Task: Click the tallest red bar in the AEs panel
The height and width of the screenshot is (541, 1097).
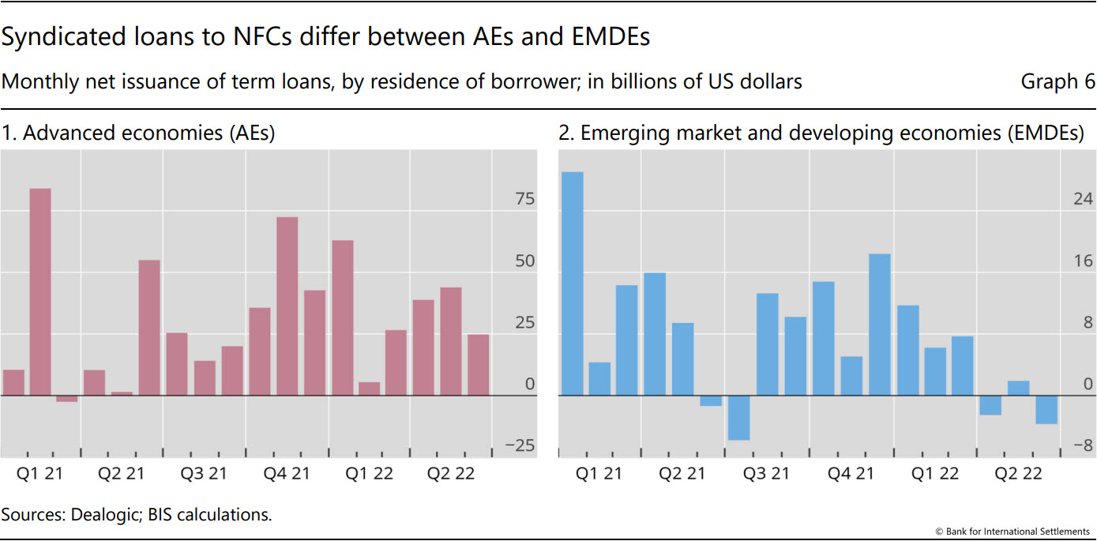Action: (x=40, y=291)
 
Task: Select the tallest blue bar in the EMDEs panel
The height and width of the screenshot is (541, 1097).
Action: (x=572, y=284)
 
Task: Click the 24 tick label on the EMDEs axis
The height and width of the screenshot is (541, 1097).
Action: (x=1083, y=199)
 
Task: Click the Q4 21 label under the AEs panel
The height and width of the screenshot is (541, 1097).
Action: (x=287, y=474)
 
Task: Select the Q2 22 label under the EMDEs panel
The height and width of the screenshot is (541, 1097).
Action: (x=1018, y=474)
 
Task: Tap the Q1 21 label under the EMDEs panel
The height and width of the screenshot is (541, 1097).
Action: (x=599, y=474)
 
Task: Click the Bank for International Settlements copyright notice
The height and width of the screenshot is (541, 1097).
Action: (x=1012, y=532)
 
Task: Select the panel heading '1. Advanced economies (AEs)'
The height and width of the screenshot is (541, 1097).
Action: (x=138, y=133)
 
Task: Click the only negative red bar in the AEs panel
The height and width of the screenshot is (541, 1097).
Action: (x=67, y=398)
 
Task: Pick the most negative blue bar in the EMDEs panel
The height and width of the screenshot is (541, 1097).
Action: (x=738, y=417)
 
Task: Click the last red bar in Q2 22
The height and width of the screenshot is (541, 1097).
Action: (x=478, y=365)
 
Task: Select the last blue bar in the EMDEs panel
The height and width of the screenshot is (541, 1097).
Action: (x=1046, y=409)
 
